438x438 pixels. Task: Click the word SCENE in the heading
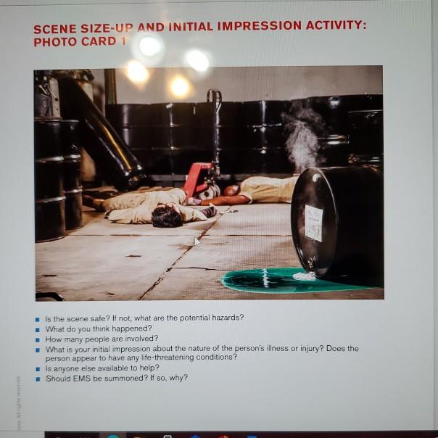point(56,29)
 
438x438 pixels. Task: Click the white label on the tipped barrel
point(313,221)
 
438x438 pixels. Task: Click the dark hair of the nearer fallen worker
point(167,215)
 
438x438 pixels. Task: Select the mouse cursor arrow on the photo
point(197,241)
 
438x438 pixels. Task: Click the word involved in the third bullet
point(141,338)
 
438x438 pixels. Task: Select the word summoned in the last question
point(117,378)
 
